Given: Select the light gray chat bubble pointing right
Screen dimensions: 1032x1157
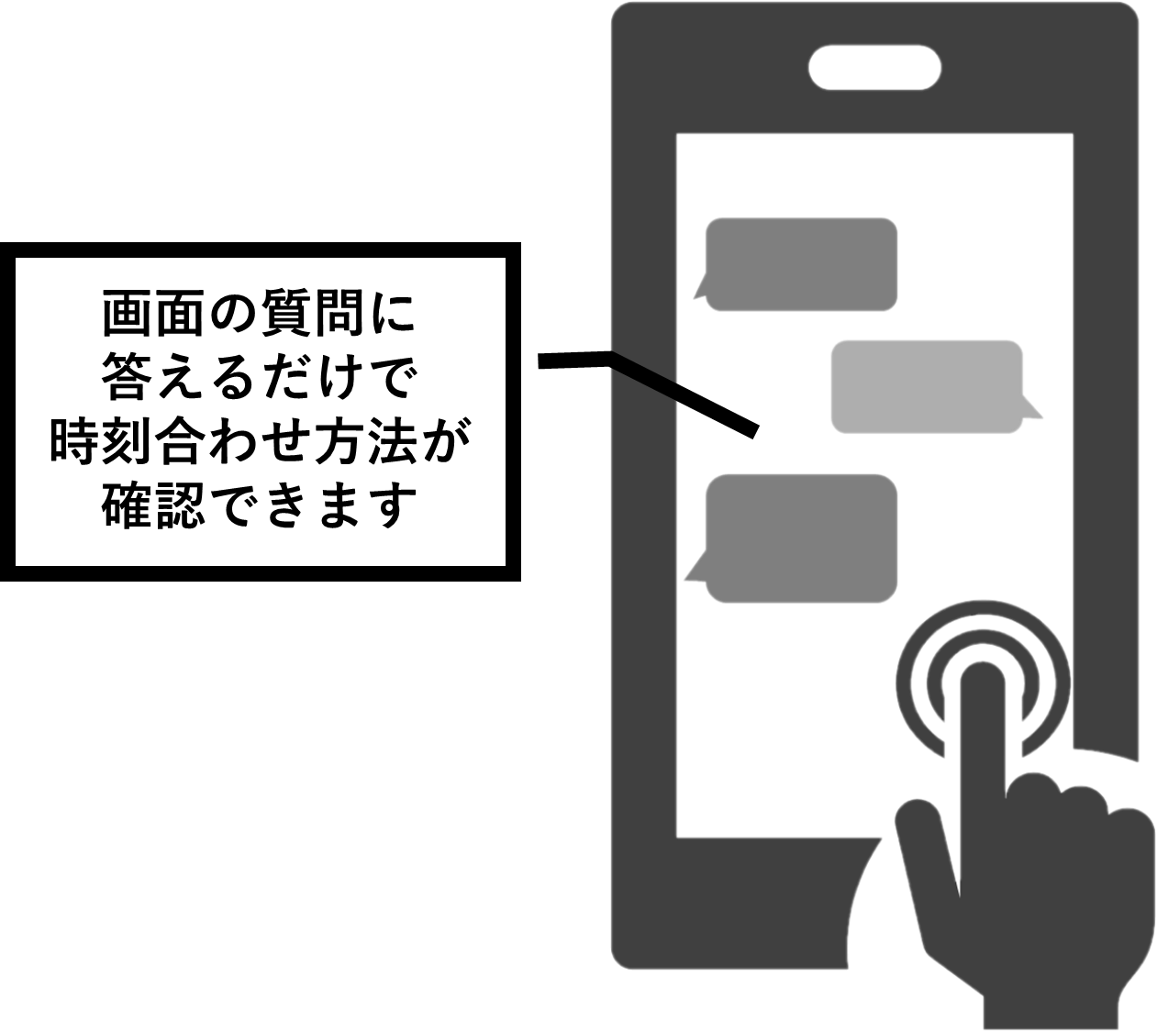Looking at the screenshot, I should tap(927, 386).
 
